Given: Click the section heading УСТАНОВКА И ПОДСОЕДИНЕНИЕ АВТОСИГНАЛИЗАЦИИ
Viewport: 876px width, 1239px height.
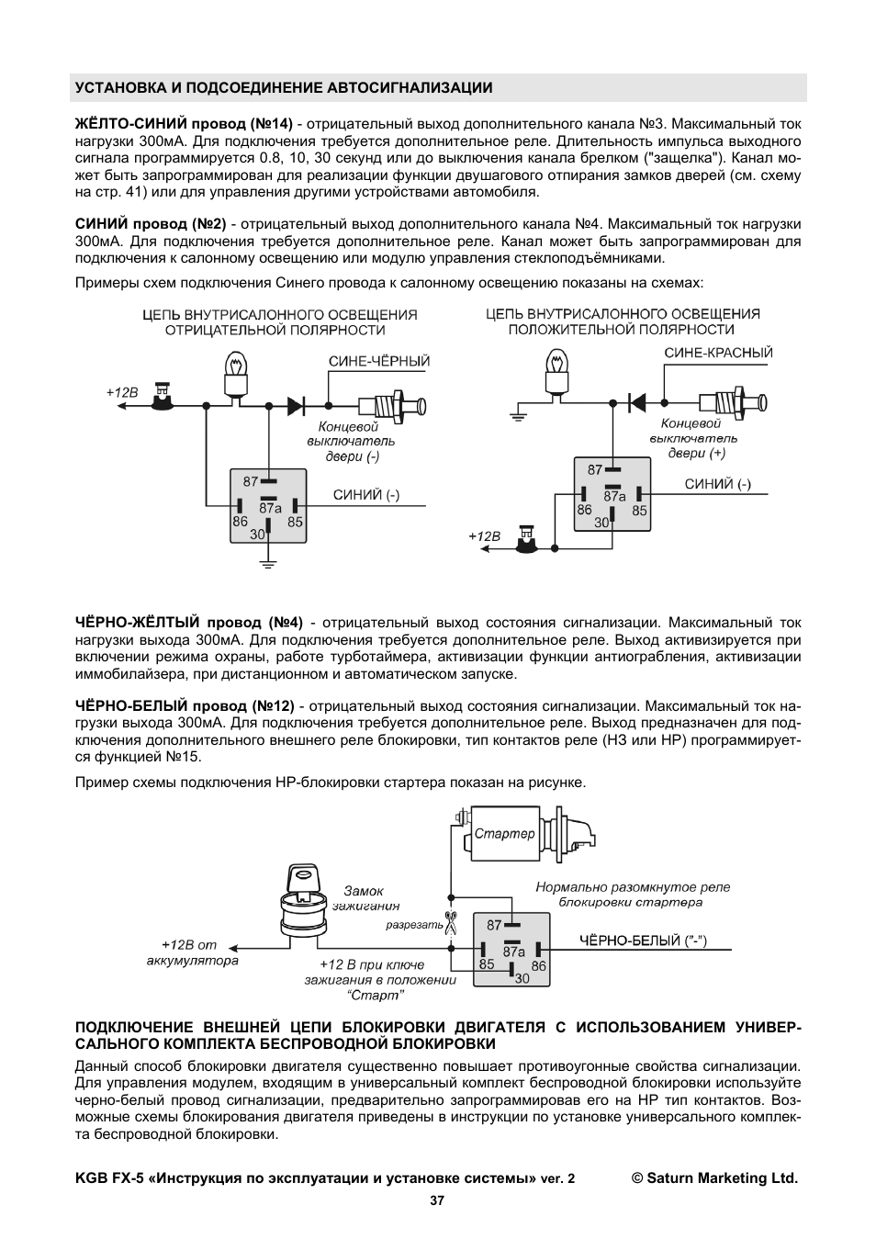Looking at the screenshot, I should (284, 88).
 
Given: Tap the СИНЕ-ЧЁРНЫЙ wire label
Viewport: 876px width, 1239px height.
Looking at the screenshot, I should (379, 362).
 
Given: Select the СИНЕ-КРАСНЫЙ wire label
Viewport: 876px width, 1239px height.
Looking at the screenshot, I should (718, 353).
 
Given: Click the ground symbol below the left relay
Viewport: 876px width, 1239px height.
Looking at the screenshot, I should (267, 562).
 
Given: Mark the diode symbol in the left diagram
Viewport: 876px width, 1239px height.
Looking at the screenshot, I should (297, 404).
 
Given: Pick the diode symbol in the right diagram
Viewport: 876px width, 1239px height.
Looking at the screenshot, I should (635, 401).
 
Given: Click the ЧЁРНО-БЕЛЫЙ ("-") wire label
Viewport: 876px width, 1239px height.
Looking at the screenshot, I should (643, 941).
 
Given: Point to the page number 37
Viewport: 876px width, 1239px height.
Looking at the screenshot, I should (437, 1200).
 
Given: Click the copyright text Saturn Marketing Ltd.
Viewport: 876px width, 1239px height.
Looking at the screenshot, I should (714, 1177).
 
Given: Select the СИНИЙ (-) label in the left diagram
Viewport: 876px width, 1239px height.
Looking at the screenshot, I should (365, 495).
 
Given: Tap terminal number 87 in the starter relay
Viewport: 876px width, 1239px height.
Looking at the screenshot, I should (495, 926).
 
